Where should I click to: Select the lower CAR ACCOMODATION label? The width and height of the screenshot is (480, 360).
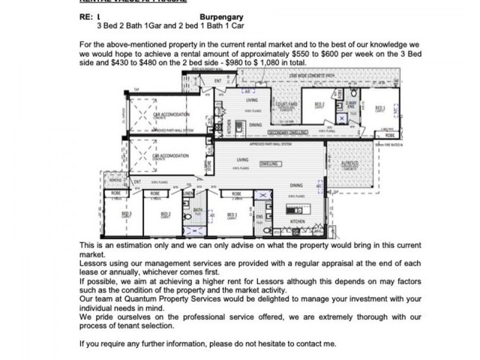point(171,156)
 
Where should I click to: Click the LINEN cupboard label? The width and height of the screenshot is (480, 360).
point(188,194)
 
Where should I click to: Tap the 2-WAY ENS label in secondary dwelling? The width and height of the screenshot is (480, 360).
point(350,105)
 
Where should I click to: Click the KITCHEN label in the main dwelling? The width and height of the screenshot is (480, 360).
point(298,221)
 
